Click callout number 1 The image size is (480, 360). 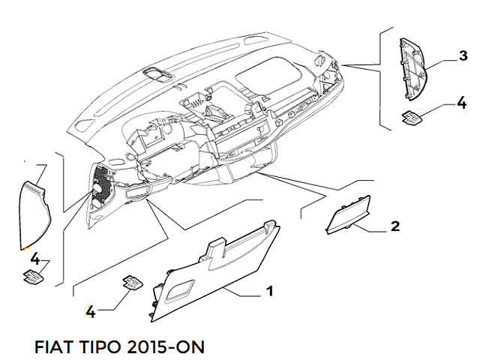[269, 291]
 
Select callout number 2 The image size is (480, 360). [395, 226]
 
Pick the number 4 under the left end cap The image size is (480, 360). [34, 259]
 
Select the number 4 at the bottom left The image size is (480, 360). [90, 310]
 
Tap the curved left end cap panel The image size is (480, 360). [34, 209]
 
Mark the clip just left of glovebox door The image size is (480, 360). [131, 283]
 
